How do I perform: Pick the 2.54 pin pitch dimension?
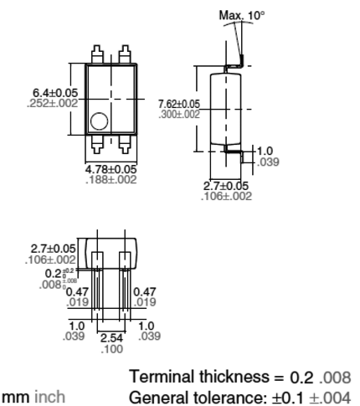pos(111,337)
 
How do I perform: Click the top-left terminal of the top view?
pos(96,52)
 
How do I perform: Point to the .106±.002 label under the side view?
pos(228,195)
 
